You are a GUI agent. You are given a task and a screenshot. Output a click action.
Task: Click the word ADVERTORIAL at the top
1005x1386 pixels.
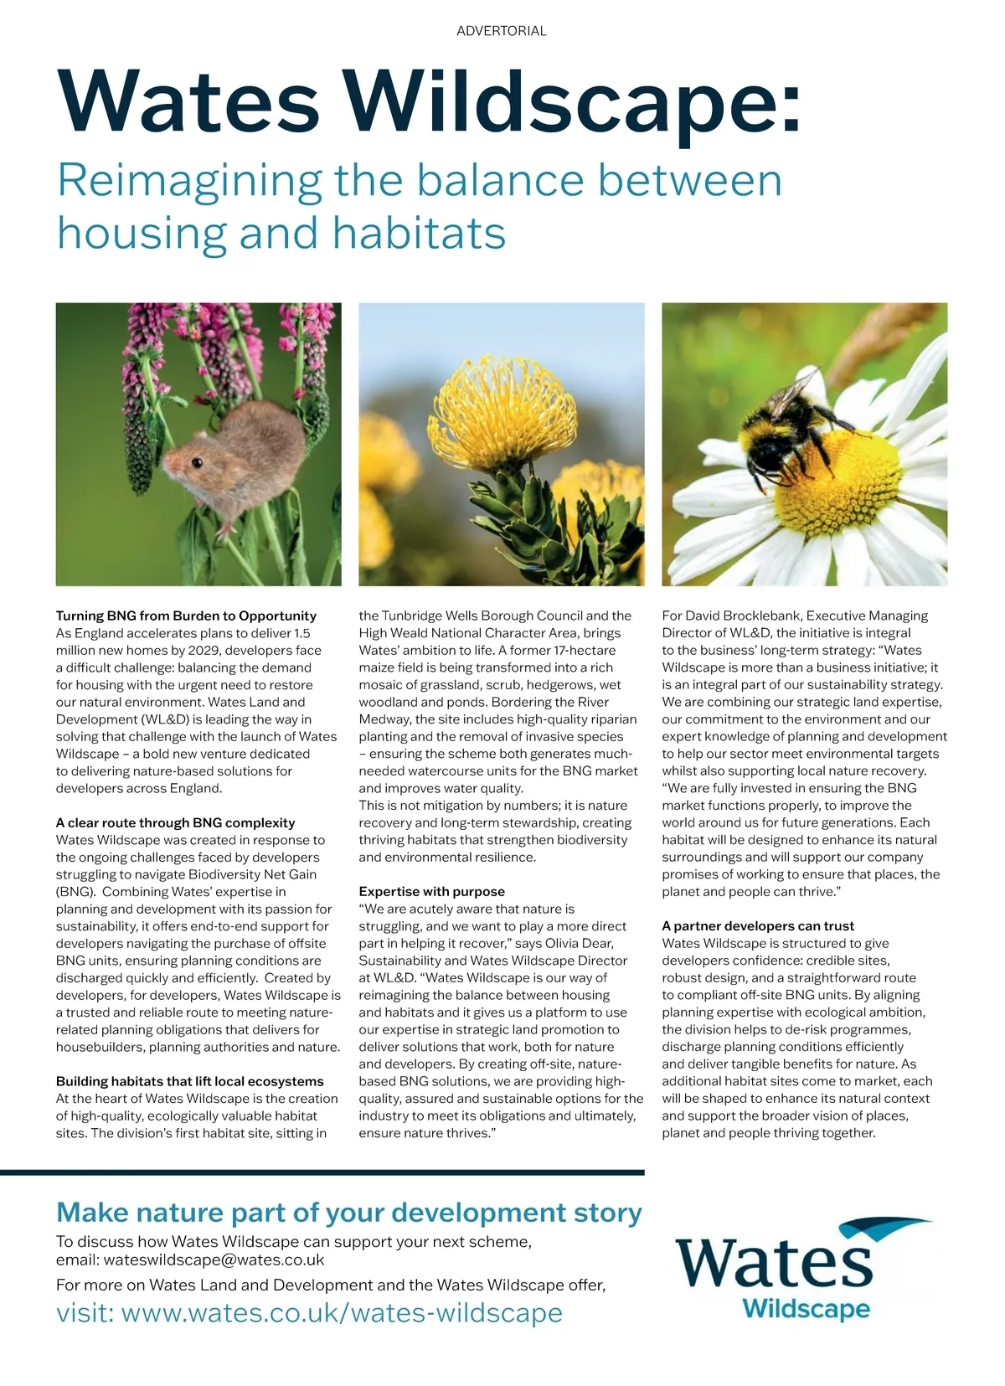click(x=501, y=31)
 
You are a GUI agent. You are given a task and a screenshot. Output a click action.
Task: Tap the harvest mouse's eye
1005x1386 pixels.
click(x=196, y=463)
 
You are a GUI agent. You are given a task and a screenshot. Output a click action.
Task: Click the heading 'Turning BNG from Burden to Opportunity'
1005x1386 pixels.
click(x=186, y=616)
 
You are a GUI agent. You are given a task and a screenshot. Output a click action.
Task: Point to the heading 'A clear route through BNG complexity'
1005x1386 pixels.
click(x=175, y=822)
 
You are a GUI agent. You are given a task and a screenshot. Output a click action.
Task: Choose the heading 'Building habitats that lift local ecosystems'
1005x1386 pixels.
click(x=189, y=1081)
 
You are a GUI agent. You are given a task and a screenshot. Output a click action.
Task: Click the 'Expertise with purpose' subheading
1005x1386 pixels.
click(x=431, y=891)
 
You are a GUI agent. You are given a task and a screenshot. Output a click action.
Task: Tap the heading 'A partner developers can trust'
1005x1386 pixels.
click(x=757, y=925)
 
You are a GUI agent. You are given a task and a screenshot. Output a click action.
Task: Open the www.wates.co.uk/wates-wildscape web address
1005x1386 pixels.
click(x=342, y=1312)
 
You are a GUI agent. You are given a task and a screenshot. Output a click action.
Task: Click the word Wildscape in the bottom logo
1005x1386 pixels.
click(x=806, y=1308)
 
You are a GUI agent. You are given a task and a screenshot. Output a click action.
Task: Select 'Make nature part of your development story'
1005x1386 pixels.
click(x=348, y=1212)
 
